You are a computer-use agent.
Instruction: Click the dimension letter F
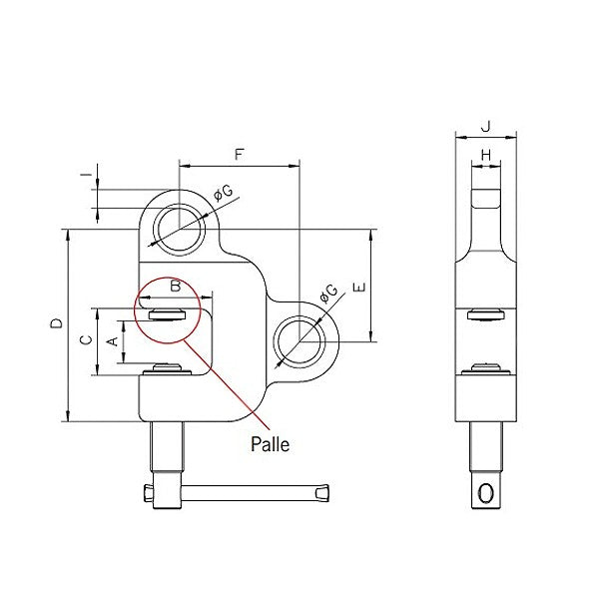(x=238, y=154)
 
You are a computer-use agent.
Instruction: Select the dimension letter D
(x=57, y=323)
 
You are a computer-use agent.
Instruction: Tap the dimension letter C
(x=86, y=340)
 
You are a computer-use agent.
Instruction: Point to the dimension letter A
(x=113, y=341)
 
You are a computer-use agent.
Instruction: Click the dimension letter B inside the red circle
(x=176, y=287)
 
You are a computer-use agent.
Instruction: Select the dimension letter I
(x=86, y=177)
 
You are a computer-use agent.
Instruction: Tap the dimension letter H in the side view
(x=485, y=155)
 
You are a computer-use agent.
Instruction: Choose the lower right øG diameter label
(x=327, y=294)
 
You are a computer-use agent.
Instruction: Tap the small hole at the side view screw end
(x=486, y=493)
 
